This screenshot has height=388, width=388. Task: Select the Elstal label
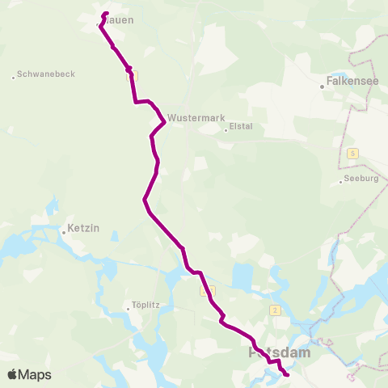coord(241,126)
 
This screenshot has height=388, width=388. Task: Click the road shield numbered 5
coord(352,153)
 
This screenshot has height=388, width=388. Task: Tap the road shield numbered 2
coord(276,310)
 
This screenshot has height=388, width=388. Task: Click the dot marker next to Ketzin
coord(63,232)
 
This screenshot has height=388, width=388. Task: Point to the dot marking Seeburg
coord(341,181)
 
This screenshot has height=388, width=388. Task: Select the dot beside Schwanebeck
coord(14,77)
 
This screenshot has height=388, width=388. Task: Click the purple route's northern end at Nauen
coord(107,13)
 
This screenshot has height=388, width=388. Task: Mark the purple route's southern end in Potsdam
coord(288,375)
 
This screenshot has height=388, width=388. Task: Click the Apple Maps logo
coord(29,374)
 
